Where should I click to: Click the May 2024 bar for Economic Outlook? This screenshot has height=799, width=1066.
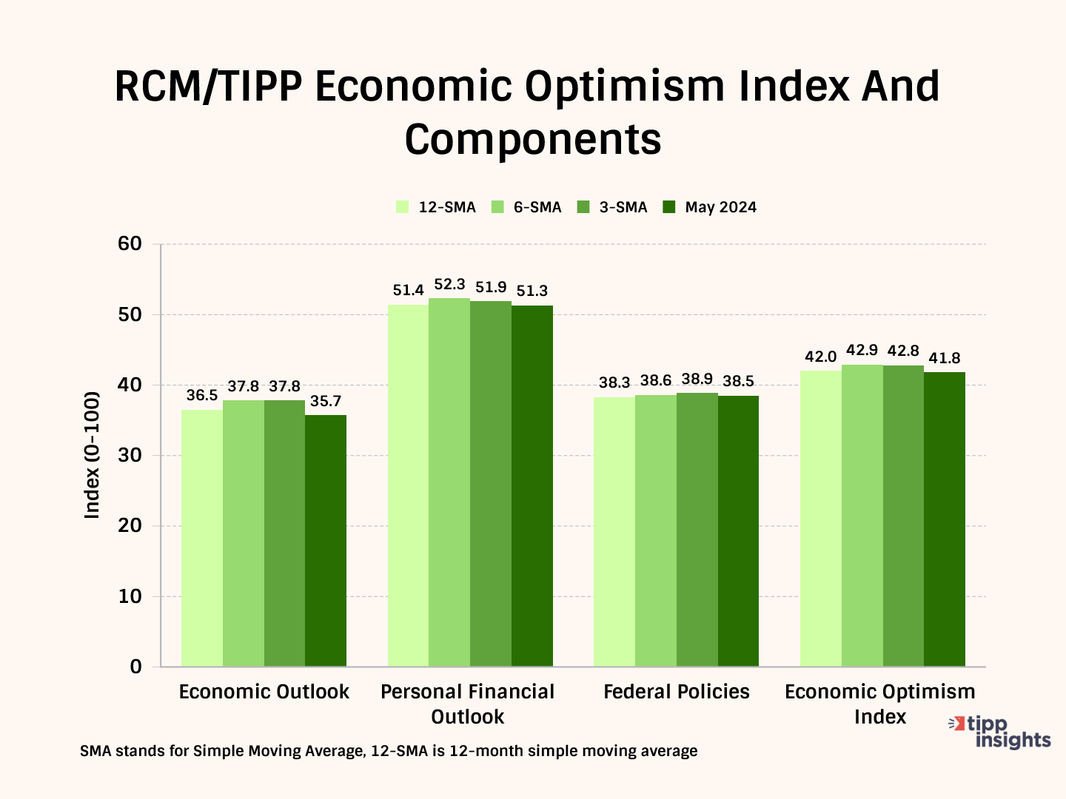coord(326,541)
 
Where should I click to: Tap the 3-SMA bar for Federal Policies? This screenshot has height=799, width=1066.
coord(697,530)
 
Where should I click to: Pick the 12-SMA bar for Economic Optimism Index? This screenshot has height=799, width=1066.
coord(821,519)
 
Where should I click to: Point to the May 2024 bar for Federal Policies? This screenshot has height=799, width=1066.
coord(738,531)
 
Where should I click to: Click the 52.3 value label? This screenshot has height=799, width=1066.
coord(449,285)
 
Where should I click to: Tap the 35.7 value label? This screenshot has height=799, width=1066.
coord(326,402)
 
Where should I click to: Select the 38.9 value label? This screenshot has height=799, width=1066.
coord(697,380)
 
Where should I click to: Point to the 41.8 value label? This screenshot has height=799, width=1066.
coord(945,359)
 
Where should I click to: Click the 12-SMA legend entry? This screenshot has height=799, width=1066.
coord(436,208)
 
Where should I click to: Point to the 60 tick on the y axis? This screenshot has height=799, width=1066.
coord(130,244)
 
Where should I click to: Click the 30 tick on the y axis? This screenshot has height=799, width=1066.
coord(130,456)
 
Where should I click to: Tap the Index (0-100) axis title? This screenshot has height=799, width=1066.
coord(92,455)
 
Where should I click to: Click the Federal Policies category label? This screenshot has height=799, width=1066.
coord(677,692)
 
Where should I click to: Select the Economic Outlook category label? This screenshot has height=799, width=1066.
coord(264,692)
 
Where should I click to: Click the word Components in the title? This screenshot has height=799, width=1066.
coord(533,139)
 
